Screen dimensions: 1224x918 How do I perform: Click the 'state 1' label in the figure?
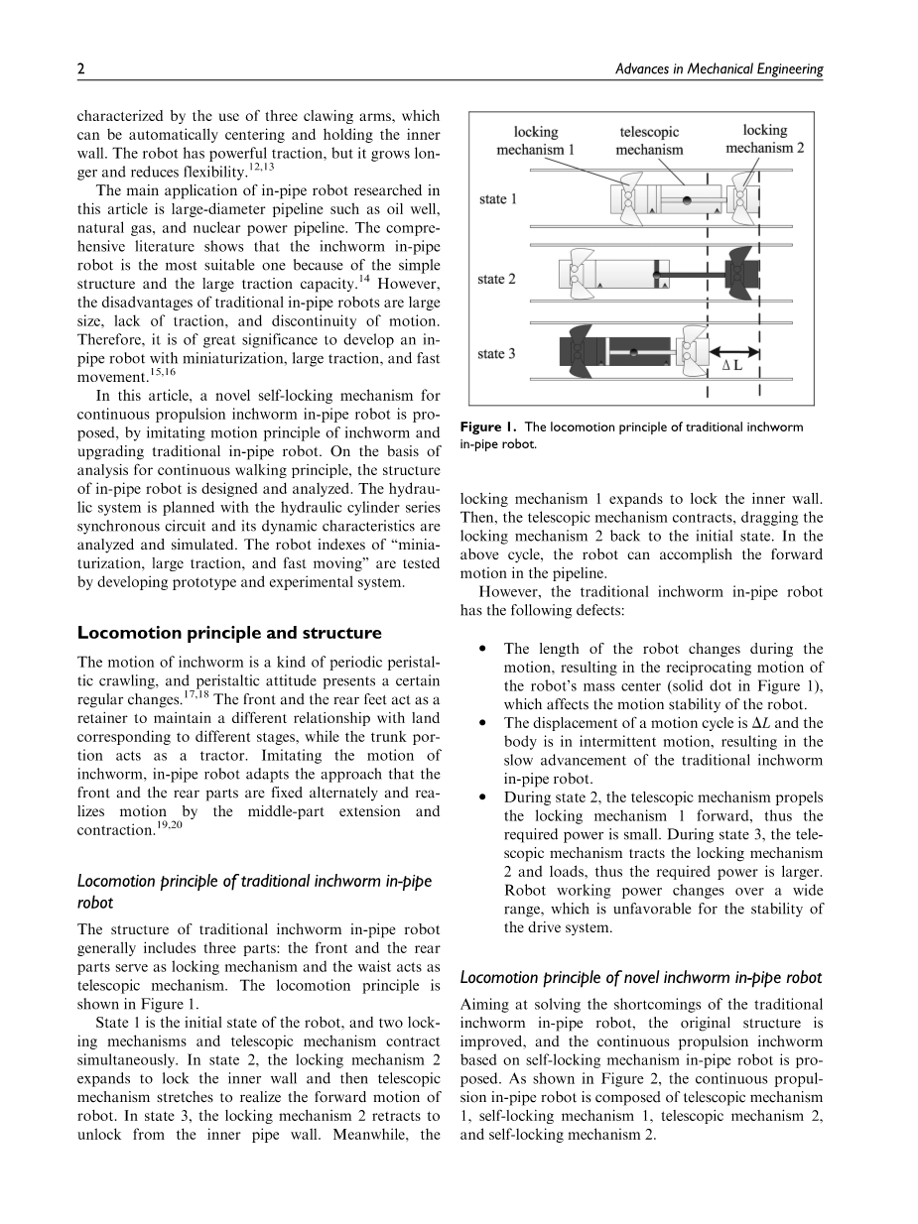point(498,199)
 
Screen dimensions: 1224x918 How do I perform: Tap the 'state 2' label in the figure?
point(496,279)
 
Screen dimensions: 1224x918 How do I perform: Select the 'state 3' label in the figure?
point(496,354)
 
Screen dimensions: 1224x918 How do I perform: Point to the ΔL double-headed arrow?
point(733,348)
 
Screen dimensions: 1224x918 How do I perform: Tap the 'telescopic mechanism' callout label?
point(649,140)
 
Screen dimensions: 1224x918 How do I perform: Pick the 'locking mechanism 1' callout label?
point(536,140)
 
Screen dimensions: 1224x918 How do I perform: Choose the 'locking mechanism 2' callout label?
point(764,139)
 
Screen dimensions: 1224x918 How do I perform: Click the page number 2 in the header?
point(80,69)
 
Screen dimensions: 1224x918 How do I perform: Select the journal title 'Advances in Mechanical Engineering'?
point(720,69)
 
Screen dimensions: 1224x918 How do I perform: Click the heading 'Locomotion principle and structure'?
point(229,633)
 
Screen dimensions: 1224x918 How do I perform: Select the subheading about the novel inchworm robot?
point(642,977)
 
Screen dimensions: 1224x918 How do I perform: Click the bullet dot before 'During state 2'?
point(481,796)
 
